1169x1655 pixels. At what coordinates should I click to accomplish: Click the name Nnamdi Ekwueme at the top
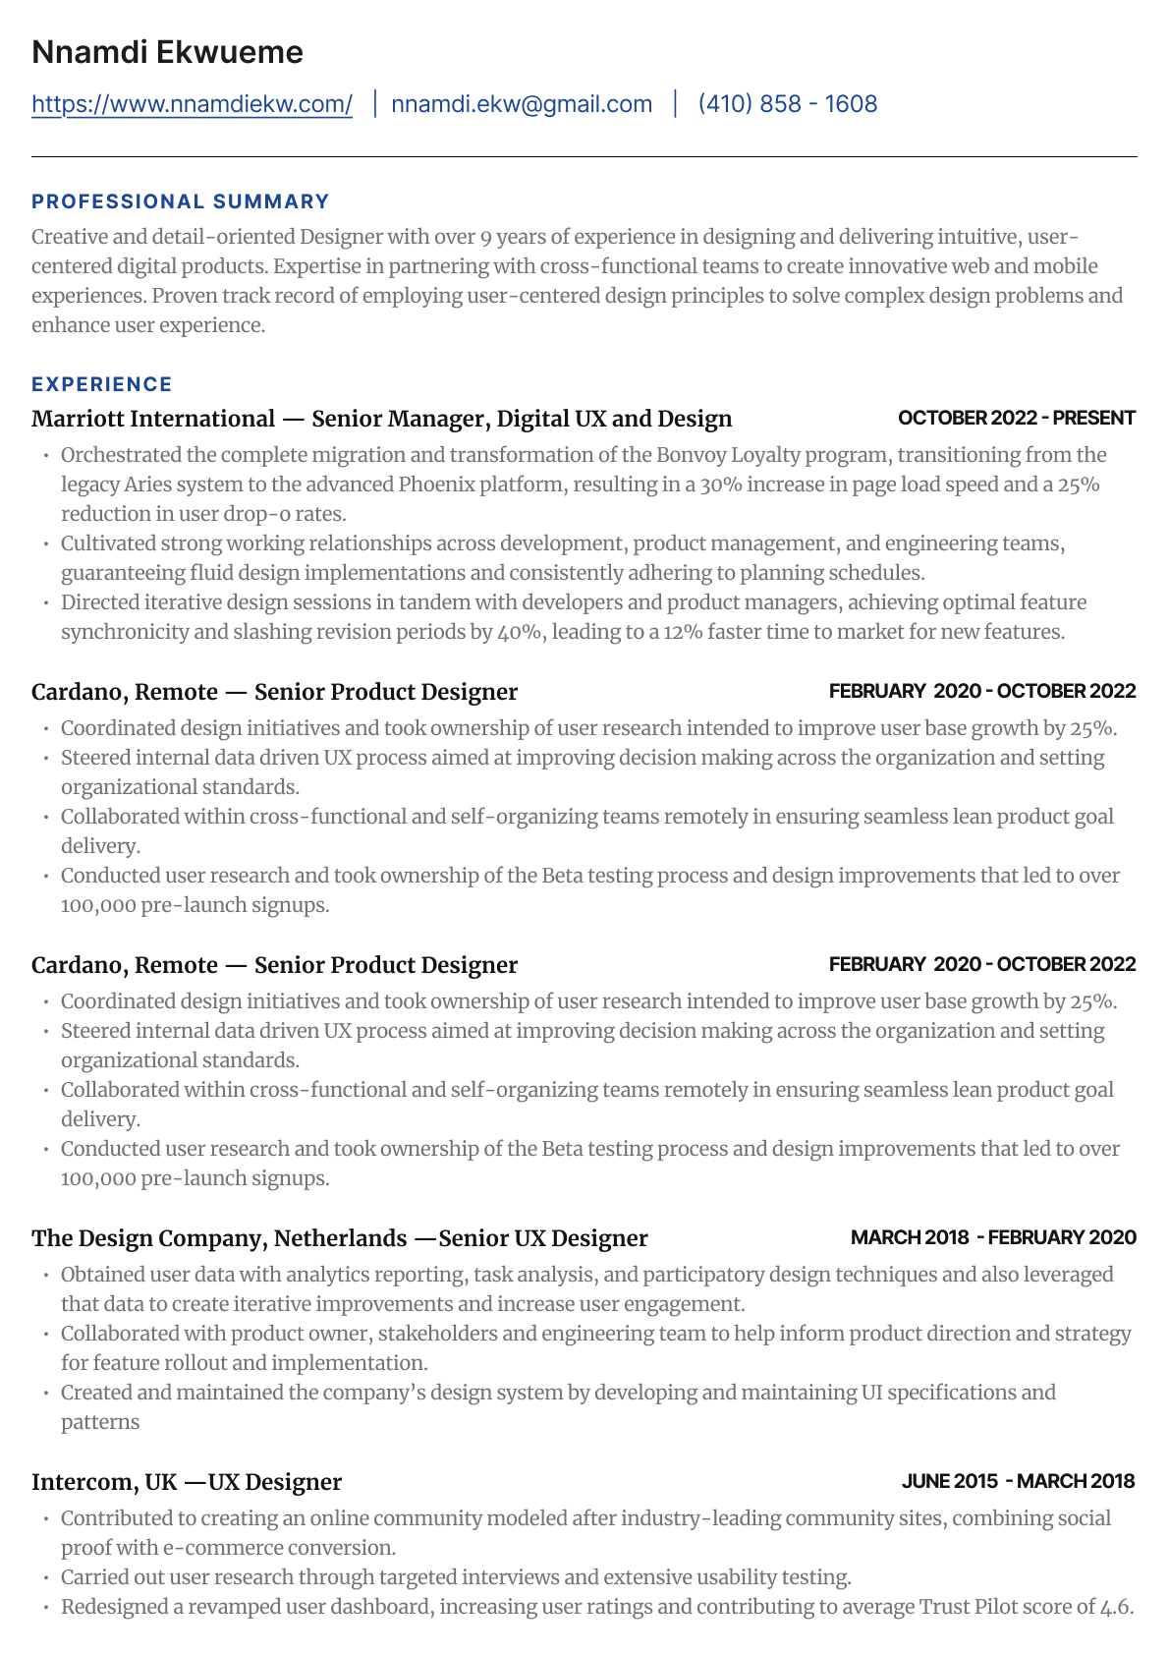coord(167,52)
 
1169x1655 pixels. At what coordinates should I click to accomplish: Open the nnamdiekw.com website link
coord(192,104)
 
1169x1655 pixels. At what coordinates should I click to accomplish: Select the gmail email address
coord(522,104)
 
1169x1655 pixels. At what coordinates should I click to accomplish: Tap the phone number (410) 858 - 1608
coord(787,104)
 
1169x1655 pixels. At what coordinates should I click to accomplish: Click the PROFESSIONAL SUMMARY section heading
coord(180,201)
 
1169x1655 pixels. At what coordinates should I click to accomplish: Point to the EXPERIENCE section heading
coord(101,384)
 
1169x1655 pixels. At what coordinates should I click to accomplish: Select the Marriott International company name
coord(153,419)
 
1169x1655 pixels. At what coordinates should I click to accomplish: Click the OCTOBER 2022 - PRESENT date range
coord(1016,418)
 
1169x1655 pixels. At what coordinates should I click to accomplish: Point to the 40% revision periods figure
coord(520,632)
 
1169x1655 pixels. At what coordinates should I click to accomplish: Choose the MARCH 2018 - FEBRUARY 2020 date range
coord(992,1237)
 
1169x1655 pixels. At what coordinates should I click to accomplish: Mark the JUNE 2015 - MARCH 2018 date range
coord(1018,1481)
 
